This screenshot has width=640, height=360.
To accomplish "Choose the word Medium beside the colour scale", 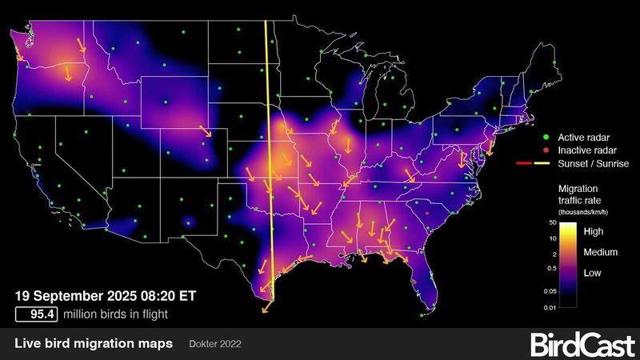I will point(599,253).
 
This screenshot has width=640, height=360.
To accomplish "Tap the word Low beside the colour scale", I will point(594,273).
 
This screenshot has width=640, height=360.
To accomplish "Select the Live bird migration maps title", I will point(94,344).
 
